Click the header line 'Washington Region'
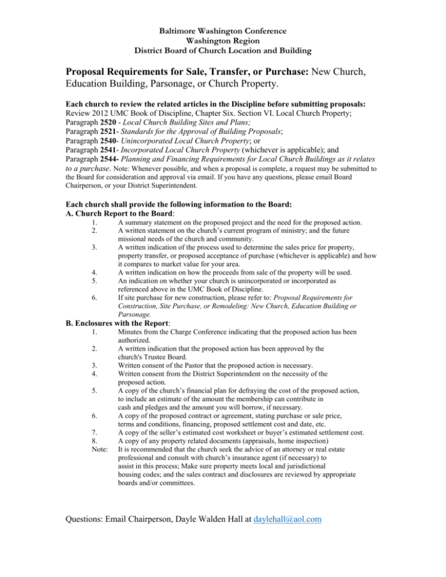click(x=223, y=41)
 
